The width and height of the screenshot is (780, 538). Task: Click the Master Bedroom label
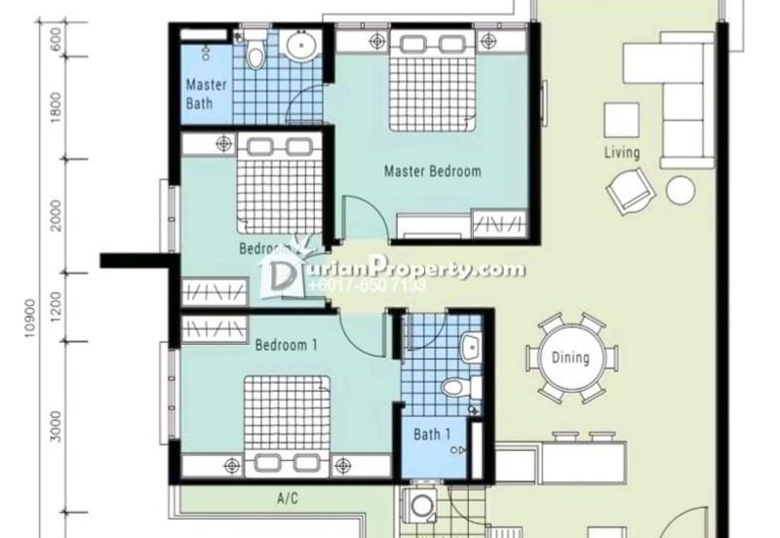tap(432, 172)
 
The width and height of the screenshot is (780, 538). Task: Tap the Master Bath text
tap(206, 93)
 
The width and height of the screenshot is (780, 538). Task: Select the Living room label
tap(621, 153)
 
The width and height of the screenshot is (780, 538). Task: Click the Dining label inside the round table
tap(569, 358)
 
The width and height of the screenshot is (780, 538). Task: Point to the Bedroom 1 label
tap(287, 345)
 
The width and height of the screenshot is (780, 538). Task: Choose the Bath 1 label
tap(431, 435)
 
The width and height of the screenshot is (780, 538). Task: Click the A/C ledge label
tap(287, 499)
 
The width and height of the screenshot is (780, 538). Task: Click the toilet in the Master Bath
tap(256, 54)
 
